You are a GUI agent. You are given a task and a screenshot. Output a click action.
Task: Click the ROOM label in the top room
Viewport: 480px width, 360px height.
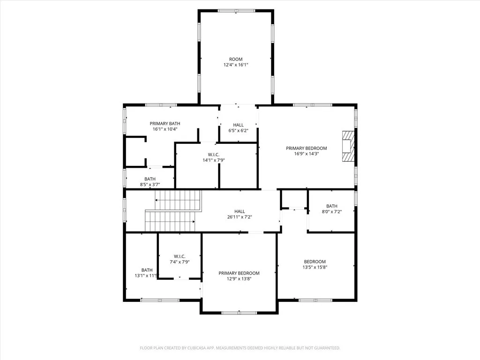pos(236,59)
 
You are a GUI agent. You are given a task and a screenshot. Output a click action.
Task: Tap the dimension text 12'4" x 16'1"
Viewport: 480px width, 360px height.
pos(236,65)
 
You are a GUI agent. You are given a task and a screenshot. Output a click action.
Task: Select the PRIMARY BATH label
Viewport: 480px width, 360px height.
pos(165,123)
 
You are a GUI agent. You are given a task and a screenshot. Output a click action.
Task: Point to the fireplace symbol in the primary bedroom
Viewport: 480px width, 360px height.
pos(347,146)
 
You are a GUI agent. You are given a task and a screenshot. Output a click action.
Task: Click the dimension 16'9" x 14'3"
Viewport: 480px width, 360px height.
pos(306,154)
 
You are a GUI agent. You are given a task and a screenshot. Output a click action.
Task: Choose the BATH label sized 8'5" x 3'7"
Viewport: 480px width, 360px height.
pos(150,179)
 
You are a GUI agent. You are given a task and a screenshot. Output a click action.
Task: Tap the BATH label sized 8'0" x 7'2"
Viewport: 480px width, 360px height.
pos(331,206)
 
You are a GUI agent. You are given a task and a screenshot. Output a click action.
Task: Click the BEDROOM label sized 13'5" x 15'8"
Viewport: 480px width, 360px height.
pos(315,262)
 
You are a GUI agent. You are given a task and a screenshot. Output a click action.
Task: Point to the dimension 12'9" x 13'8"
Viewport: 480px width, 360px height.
pos(239,279)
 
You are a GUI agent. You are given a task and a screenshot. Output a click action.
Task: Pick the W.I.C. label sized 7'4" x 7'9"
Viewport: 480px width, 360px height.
pos(180,256)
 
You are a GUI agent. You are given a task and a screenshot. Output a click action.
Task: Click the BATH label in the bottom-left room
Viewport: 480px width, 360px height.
pos(147,270)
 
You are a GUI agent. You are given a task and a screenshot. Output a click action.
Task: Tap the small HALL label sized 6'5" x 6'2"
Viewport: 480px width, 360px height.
pos(238,125)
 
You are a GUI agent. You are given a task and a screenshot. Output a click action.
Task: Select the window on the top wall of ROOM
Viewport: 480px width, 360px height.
pos(236,10)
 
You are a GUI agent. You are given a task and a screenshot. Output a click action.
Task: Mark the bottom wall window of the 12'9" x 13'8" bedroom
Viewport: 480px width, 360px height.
pos(239,313)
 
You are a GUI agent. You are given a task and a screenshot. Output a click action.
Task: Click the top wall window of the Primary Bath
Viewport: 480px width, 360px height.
pos(161,105)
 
